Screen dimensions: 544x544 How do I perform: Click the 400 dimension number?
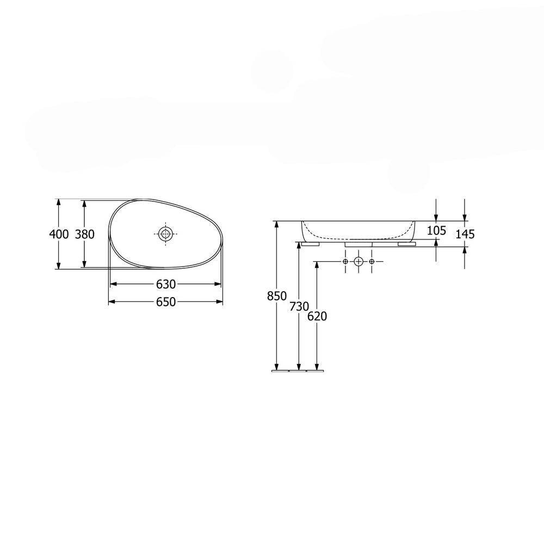tap(59, 234)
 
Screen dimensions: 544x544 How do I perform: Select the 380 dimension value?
tap(85, 234)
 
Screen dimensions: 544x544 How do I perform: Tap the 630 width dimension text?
tap(166, 285)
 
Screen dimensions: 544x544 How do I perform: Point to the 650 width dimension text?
tap(166, 302)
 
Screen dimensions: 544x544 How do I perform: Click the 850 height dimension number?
tap(277, 296)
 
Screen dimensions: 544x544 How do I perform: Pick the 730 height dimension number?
tap(299, 306)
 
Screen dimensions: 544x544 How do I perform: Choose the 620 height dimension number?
tap(317, 316)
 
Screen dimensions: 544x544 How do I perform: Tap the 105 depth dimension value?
tap(436, 230)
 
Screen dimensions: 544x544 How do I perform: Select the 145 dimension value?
tap(465, 234)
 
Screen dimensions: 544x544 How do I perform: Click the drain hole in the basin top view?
tap(165, 234)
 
